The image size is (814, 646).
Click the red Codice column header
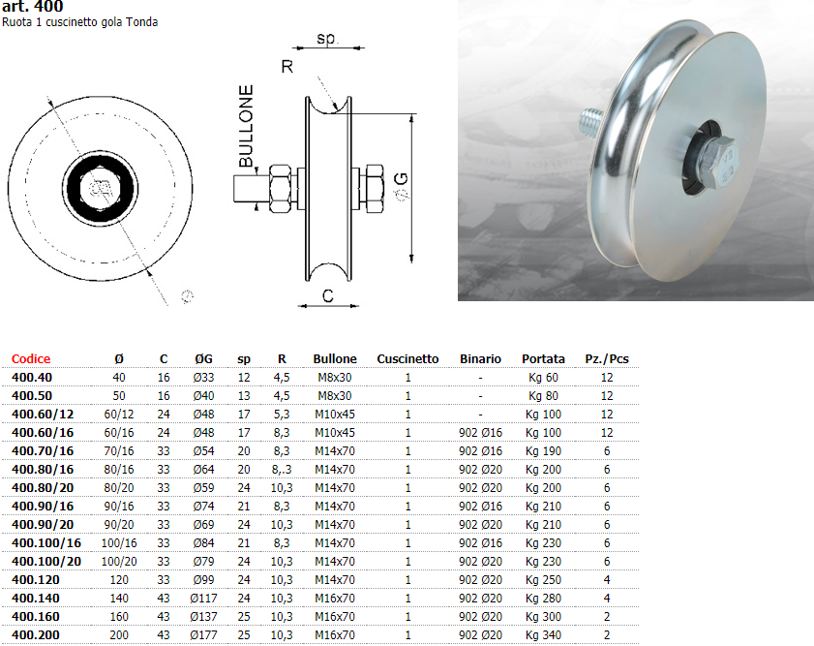click(31, 358)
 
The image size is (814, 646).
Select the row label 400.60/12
click(43, 415)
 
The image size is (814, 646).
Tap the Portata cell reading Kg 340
click(543, 635)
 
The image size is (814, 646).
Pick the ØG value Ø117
click(203, 599)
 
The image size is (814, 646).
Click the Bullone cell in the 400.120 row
click(335, 580)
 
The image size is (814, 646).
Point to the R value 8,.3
click(282, 470)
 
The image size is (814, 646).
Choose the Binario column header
click(480, 358)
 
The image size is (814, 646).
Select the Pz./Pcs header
click(606, 358)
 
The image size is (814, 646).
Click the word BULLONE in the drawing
click(246, 126)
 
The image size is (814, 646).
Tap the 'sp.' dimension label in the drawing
click(327, 39)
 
